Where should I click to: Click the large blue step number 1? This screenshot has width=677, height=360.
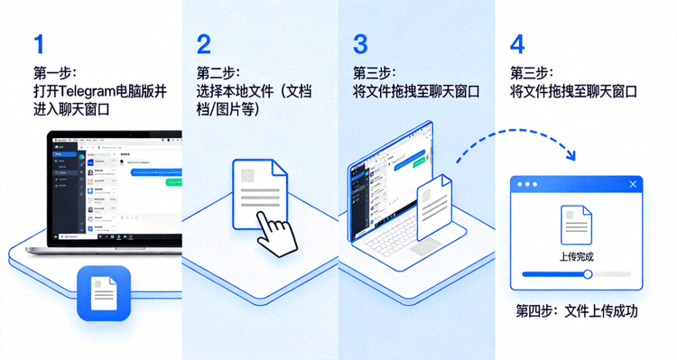38,44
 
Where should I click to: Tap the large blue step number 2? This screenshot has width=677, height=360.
204,44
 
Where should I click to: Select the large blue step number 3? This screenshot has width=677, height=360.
361,44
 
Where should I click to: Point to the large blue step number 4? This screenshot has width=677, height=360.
518,44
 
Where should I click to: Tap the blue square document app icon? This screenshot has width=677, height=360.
104,293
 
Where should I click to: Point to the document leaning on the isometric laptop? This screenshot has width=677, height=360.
434,207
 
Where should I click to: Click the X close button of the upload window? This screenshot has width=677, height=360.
633,184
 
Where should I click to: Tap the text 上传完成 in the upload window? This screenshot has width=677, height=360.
577,257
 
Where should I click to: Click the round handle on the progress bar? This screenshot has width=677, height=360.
588,274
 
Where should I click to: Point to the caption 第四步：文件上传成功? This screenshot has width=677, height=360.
577,311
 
